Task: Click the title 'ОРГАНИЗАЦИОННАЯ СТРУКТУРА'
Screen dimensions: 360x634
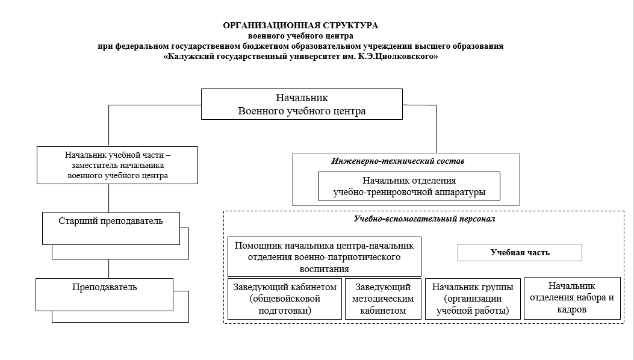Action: [300, 25]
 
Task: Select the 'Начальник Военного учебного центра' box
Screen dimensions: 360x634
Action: [302, 104]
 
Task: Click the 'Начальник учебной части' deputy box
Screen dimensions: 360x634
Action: [117, 165]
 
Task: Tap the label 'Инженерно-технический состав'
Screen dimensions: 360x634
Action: [397, 161]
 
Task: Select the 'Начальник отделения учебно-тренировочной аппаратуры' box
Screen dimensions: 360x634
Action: [409, 186]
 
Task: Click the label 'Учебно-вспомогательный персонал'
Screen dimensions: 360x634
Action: [424, 219]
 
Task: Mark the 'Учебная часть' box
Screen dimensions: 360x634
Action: [520, 252]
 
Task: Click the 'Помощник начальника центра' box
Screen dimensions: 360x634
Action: [325, 256]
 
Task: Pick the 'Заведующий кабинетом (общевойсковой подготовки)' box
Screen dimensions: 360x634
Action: [285, 298]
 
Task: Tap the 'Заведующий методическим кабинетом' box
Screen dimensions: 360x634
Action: [382, 298]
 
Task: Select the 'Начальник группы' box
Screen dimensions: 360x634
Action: [473, 298]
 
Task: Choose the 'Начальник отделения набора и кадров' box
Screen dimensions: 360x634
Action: [572, 297]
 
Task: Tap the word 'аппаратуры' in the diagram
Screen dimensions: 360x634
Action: [461, 192]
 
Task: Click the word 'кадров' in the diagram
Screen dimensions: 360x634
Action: [572, 309]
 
